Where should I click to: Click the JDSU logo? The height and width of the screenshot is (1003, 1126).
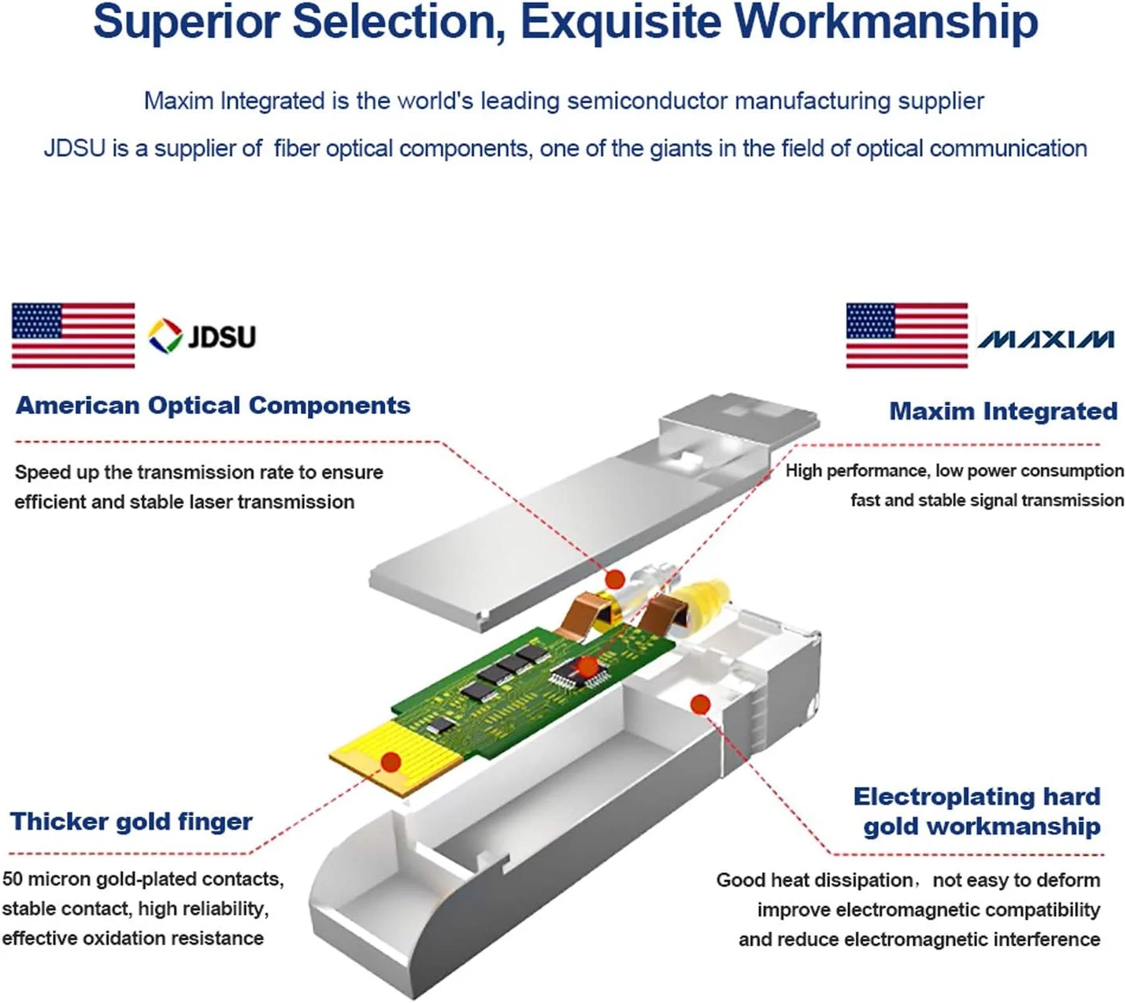pyautogui.click(x=202, y=336)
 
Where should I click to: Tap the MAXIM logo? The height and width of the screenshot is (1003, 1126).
pyautogui.click(x=1046, y=339)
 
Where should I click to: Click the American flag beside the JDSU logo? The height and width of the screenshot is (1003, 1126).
pyautogui.click(x=73, y=335)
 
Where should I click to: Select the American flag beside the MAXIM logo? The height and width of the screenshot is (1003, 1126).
pyautogui.click(x=906, y=335)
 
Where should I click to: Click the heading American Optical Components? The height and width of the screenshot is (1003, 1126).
pyautogui.click(x=213, y=405)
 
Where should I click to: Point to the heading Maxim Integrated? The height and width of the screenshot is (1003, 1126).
pyautogui.click(x=1003, y=411)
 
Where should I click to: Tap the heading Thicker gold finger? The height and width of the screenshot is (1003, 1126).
pyautogui.click(x=131, y=822)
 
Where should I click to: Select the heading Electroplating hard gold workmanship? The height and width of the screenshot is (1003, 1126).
pyautogui.click(x=978, y=811)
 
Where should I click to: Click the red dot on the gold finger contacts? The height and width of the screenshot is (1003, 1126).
pyautogui.click(x=391, y=762)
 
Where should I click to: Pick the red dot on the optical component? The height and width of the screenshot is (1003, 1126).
pyautogui.click(x=615, y=580)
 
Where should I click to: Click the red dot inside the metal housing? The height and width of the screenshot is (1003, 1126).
pyautogui.click(x=700, y=704)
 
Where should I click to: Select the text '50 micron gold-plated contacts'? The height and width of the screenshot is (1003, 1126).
pyautogui.click(x=143, y=879)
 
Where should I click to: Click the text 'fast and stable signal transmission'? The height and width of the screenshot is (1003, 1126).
pyautogui.click(x=987, y=501)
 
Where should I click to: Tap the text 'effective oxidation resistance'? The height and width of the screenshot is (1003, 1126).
pyautogui.click(x=132, y=938)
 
